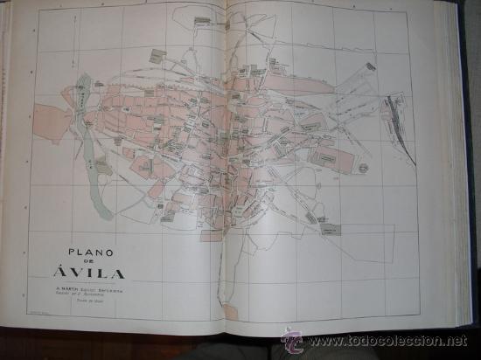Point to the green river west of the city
pos(84,96)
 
